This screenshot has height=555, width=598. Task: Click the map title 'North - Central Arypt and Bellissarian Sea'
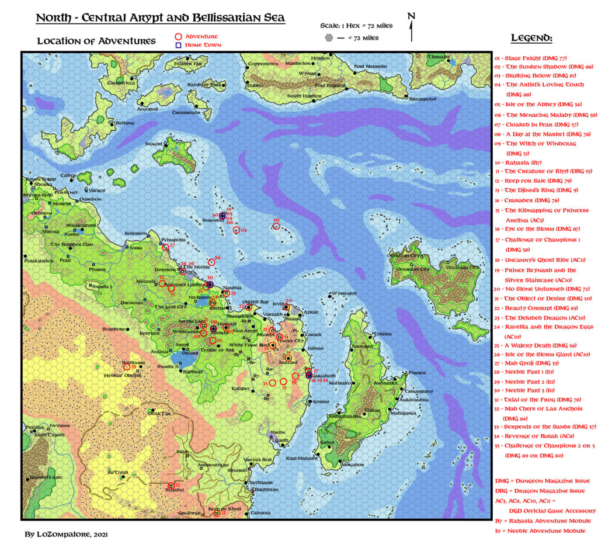[161, 18]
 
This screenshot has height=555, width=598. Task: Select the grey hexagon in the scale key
[330, 38]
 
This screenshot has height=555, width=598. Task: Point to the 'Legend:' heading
[531, 39]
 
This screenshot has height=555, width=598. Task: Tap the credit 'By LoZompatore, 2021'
[66, 534]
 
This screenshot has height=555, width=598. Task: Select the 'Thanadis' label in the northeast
[439, 57]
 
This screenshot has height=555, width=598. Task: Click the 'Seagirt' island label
[154, 143]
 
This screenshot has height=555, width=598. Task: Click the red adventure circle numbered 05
[277, 227]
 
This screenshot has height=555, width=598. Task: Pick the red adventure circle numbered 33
[127, 366]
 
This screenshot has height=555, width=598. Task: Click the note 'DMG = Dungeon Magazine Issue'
[536, 481]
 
